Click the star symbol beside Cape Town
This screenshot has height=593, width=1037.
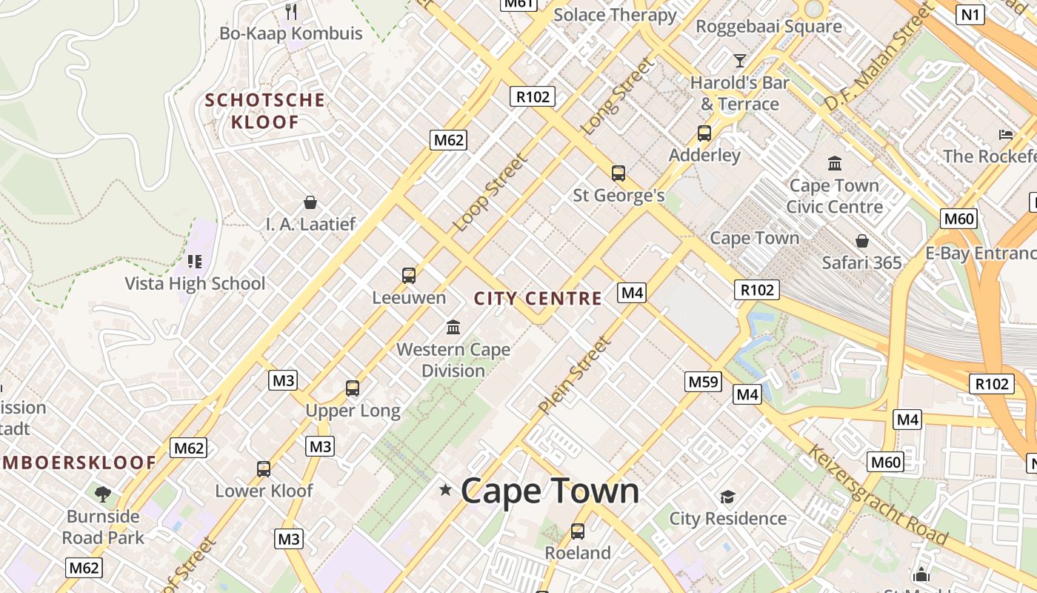445,489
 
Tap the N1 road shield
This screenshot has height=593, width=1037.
970,14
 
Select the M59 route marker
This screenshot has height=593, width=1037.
703,382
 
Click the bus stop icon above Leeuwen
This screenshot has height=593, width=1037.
408,276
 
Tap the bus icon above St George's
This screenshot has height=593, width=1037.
618,173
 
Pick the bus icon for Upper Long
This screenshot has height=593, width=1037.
353,388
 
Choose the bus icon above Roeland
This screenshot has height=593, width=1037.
578,531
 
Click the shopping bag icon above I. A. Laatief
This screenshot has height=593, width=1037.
310,202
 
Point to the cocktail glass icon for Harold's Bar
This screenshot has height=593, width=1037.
739,60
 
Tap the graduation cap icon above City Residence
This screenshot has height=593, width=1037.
728,497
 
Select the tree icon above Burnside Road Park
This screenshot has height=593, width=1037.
103,494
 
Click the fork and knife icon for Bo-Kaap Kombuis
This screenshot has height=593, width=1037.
291,11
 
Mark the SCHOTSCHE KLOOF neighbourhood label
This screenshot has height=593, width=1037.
264,111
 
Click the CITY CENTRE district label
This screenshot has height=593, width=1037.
538,299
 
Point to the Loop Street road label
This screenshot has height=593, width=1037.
491,192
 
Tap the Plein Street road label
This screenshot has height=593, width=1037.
575,375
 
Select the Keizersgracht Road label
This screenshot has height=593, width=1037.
878,494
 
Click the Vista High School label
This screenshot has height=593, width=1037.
195,283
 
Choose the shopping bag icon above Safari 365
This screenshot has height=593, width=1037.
862,241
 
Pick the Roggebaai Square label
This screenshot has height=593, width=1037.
769,27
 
